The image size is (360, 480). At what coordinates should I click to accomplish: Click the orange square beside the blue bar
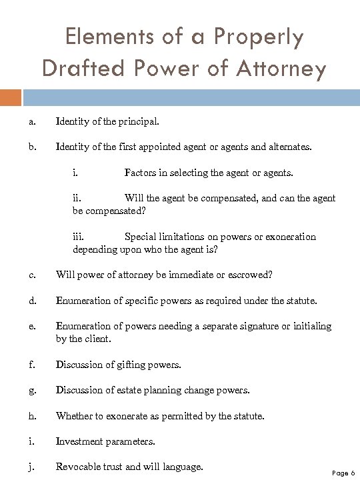[10, 98]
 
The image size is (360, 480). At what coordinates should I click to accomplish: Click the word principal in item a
[137, 121]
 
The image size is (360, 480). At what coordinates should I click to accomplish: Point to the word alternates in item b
[288, 147]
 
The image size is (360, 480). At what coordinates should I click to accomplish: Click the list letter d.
[32, 301]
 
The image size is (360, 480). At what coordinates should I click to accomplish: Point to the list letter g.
[32, 390]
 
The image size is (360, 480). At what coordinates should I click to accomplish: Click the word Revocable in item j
[79, 466]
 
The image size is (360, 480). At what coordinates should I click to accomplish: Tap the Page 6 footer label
[343, 473]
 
